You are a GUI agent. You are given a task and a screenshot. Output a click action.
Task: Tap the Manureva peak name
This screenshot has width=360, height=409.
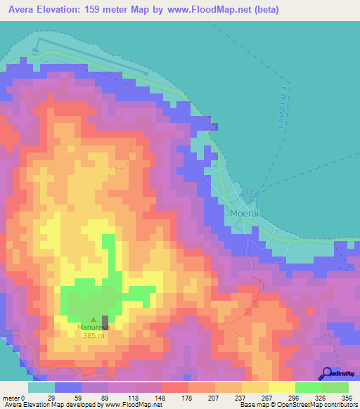pyautogui.click(x=94, y=327)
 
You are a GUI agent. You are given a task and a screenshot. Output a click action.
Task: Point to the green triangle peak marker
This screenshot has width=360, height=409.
pyautogui.click(x=94, y=319)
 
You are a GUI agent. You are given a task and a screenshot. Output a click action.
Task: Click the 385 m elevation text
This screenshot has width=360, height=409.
pyautogui.click(x=94, y=335)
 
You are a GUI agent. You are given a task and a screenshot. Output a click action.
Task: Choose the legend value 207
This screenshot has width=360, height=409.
pyautogui.click(x=204, y=397)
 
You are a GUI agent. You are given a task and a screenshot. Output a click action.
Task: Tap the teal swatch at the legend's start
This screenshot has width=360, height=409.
pyautogui.click(x=41, y=387)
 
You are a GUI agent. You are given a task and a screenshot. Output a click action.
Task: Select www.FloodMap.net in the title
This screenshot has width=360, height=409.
pyautogui.click(x=215, y=10)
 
